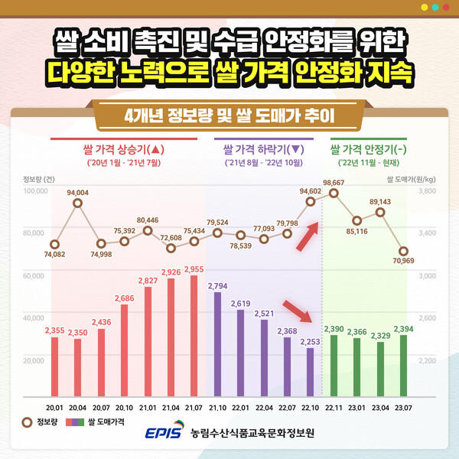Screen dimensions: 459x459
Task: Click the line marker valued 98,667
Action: tap(334, 193)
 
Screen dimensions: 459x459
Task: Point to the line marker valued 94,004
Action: tap(77, 203)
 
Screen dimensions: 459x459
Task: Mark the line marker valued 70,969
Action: tap(404, 251)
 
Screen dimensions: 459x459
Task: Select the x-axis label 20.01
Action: tap(54, 409)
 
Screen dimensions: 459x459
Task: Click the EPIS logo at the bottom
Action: tap(164, 433)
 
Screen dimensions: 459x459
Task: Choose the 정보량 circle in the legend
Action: tap(28, 421)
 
